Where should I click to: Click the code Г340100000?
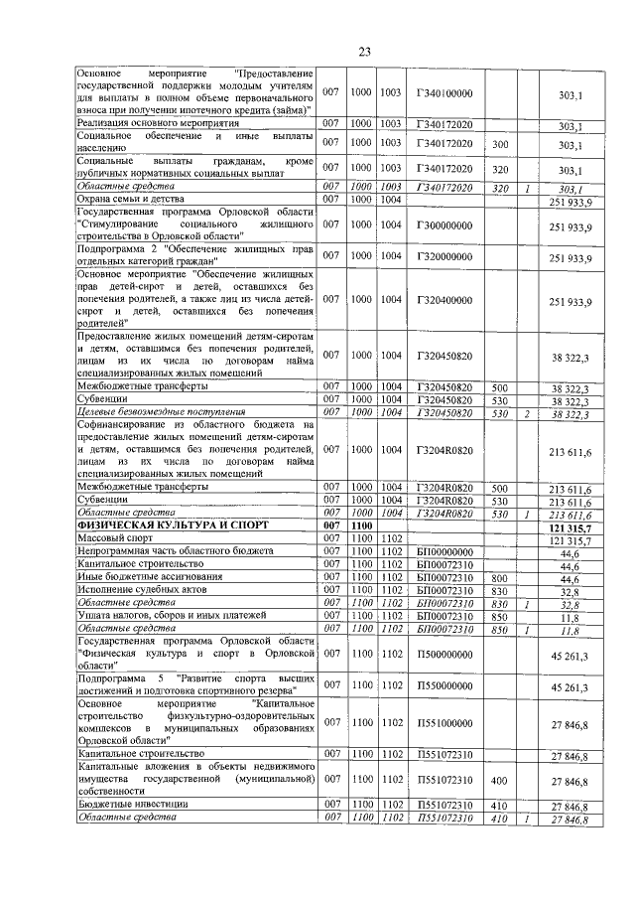[444, 92]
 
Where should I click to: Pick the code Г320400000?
[444, 299]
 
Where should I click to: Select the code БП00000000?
[444, 551]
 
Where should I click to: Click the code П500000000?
[444, 655]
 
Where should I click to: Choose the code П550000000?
[444, 685]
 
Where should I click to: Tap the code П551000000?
[444, 724]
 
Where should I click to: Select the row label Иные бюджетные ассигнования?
[143, 577]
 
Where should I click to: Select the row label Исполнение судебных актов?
[138, 590]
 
